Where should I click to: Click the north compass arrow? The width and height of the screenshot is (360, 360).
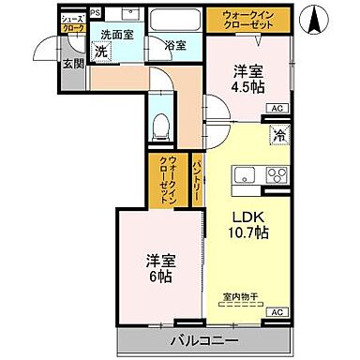pos(321,17)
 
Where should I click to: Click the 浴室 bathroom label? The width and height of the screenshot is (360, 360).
pos(175,43)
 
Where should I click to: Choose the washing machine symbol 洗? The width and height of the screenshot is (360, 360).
pos(100,52)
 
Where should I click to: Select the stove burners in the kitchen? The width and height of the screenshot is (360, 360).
pos(276,173)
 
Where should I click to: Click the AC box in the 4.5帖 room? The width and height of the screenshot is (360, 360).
pos(277,110)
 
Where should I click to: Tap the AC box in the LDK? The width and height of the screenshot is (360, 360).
pos(277,311)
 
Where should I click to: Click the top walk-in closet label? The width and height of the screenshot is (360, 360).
pos(248,20)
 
